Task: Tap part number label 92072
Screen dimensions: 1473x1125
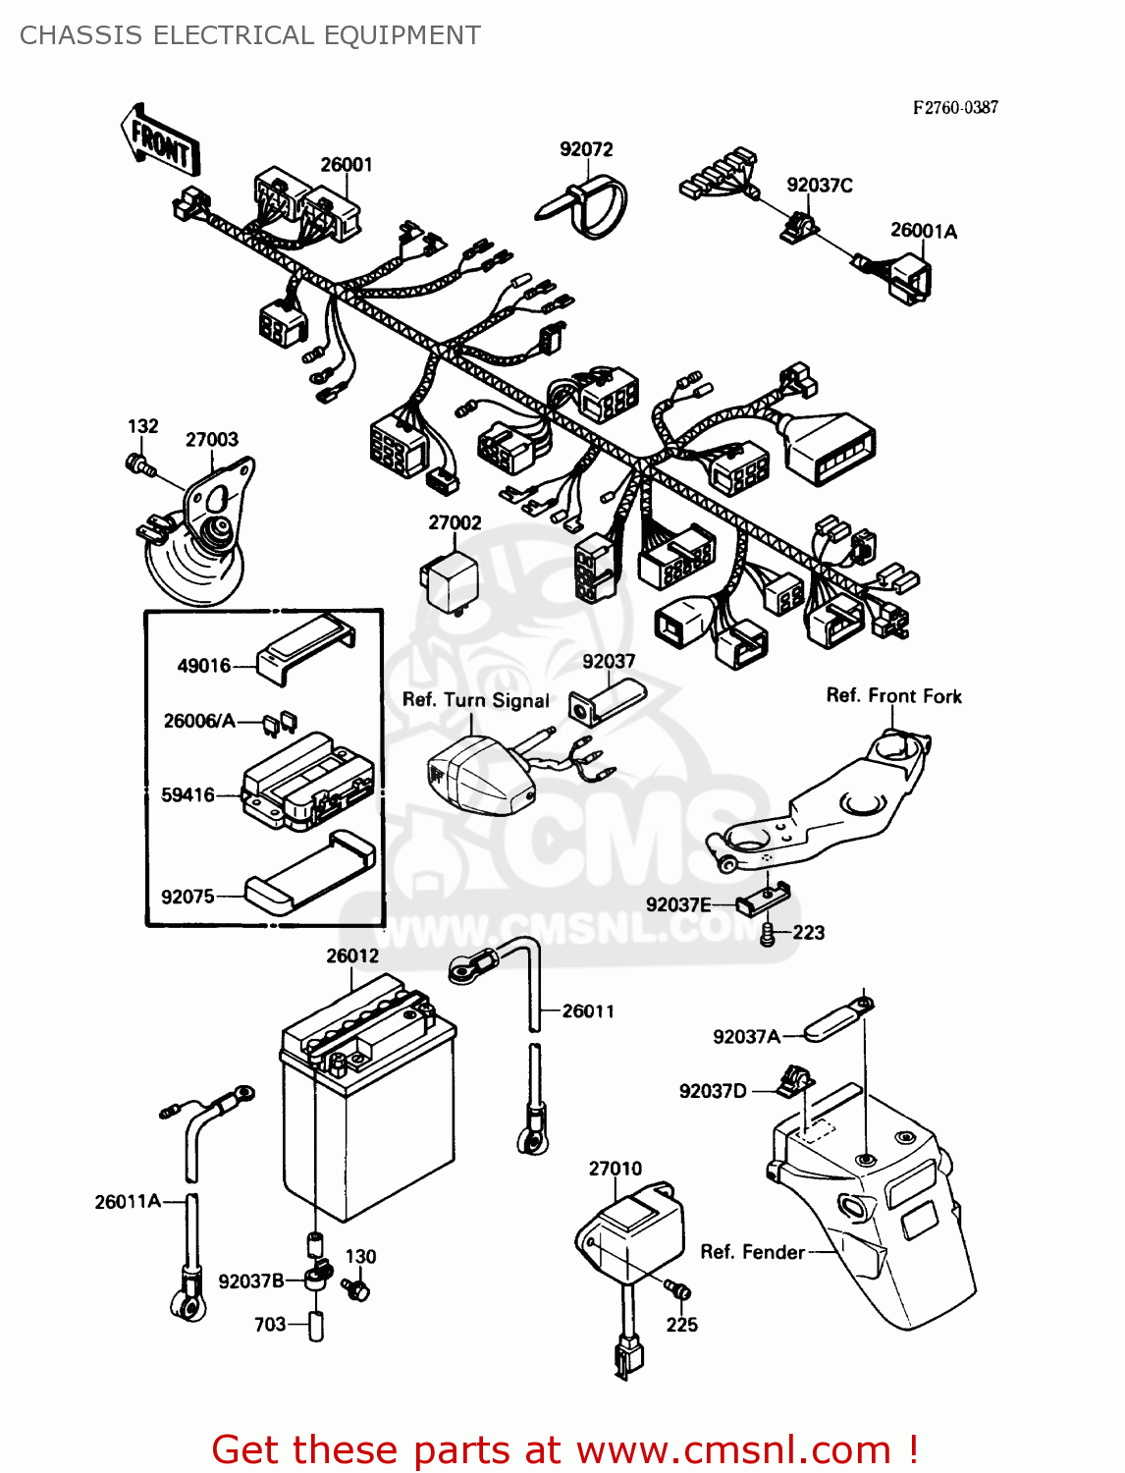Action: point(586,149)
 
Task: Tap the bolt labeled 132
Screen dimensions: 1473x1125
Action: point(139,464)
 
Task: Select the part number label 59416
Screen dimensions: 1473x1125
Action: point(187,794)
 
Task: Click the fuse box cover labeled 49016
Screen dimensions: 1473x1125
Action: point(304,647)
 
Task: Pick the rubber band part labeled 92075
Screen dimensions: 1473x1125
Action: point(309,873)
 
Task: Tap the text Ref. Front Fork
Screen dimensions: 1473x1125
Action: point(893,696)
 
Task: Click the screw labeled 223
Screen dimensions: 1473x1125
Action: point(769,934)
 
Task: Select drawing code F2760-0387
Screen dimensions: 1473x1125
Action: point(954,108)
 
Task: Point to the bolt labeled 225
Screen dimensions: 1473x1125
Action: point(675,1287)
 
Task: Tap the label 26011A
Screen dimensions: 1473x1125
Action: point(128,1201)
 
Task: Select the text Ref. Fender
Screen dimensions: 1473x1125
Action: point(752,1252)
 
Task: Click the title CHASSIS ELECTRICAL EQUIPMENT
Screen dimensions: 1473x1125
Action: point(250,35)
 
